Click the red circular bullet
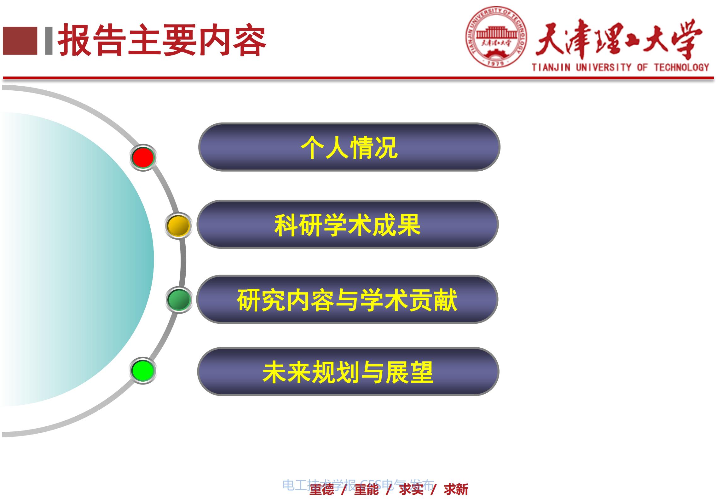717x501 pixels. pos(143,157)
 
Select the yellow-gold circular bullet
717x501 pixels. pos(178,225)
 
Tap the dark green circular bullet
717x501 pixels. pos(179,300)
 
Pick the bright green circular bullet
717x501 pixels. pos(143,370)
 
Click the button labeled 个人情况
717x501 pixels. pos(349,147)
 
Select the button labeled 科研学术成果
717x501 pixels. pos(347,224)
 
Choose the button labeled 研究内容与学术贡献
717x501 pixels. pos(347,299)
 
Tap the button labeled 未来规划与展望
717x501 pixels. pos(348,372)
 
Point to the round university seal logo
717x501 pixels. pos(496,37)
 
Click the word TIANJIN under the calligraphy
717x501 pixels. pos(551,67)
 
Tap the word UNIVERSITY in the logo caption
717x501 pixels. pos(604,67)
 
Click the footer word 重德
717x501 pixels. pos(322,489)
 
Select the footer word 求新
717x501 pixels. pos(456,489)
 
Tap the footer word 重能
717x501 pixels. pos(367,489)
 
